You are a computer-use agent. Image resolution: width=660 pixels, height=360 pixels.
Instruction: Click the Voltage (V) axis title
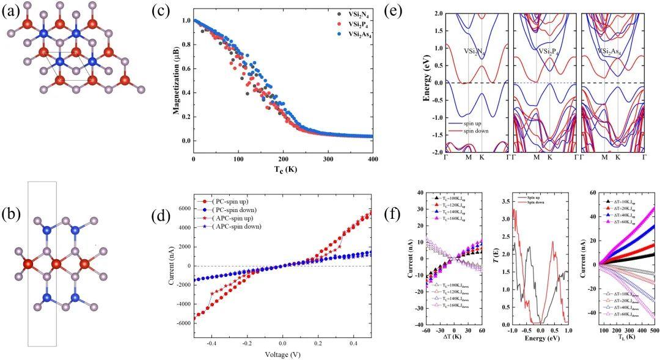[x=281, y=354]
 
